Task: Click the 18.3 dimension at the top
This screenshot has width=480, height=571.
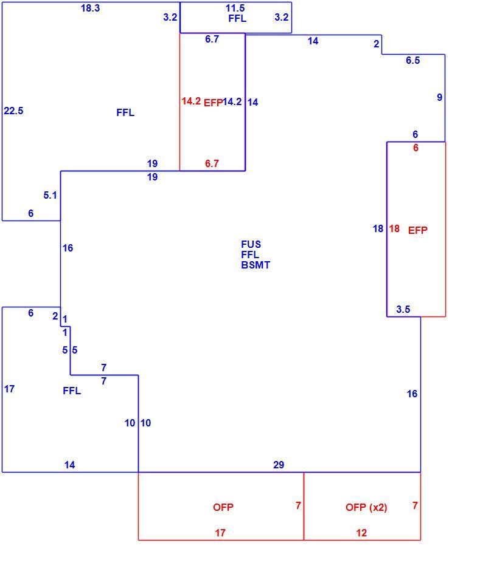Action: click(x=90, y=8)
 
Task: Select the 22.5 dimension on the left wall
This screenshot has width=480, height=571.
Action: click(x=13, y=111)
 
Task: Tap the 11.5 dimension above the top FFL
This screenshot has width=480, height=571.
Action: click(x=235, y=8)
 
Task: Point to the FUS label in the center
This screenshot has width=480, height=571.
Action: click(x=251, y=244)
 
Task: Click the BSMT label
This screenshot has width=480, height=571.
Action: click(x=256, y=265)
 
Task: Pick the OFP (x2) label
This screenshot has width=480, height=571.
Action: click(x=366, y=507)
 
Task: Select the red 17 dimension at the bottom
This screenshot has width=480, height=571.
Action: click(x=220, y=533)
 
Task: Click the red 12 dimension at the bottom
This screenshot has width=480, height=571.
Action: click(x=361, y=533)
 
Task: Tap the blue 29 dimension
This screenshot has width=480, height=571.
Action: click(x=279, y=465)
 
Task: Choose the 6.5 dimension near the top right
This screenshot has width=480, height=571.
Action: click(x=413, y=61)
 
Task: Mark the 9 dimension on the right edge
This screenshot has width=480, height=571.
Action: click(x=439, y=97)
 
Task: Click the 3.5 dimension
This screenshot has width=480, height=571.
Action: click(x=403, y=309)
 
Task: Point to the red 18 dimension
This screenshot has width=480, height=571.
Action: click(x=394, y=228)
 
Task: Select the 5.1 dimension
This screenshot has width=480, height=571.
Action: click(x=50, y=195)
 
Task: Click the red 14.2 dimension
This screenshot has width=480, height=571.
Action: click(x=191, y=101)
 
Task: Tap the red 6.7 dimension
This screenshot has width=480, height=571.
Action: click(x=212, y=163)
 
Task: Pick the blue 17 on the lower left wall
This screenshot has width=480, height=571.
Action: click(x=10, y=389)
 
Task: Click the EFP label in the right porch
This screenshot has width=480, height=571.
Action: click(x=417, y=230)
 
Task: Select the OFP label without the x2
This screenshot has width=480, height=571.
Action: click(x=223, y=507)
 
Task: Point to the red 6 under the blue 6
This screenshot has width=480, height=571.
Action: click(x=416, y=148)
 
